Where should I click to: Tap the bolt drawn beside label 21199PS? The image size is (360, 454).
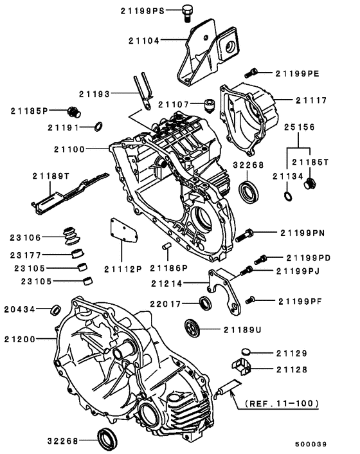tap(189, 11)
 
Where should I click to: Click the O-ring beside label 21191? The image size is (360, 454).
tap(96, 126)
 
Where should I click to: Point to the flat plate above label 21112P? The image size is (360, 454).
tap(120, 231)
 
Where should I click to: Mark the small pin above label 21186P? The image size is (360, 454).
tap(165, 245)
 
